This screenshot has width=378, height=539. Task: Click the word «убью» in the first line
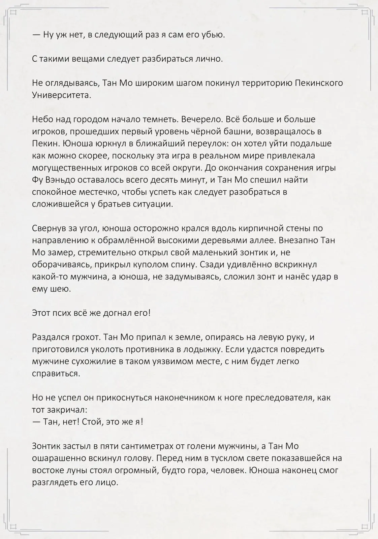coord(213,34)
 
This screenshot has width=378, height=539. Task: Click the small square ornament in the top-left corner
coord(13,13)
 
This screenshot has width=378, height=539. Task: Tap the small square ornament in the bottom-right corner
coord(365,526)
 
